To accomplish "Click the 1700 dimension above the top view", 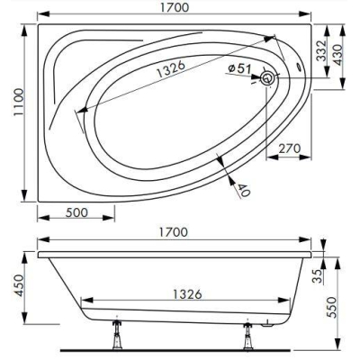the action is pos(175,7).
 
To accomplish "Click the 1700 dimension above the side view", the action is pos(174,232).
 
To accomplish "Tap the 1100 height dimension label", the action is pos(19,102).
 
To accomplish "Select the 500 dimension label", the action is pos(76,212).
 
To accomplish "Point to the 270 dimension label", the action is pos(290,148).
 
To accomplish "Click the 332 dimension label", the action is pos(321,51).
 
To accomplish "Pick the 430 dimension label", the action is pos(338,55).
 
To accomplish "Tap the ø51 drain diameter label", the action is pos(239,68).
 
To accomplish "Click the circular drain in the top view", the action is pos(266,78).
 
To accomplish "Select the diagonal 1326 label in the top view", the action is pos(171,69).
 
